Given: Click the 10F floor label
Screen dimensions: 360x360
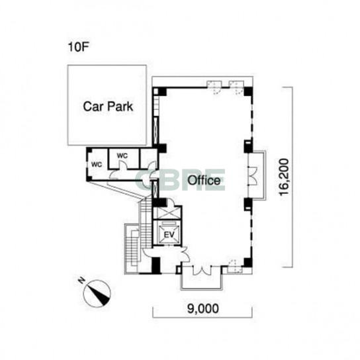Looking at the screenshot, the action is [x=78, y=47].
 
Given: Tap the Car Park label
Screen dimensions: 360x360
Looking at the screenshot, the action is [x=108, y=107].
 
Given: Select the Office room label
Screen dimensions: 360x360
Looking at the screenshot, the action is [x=204, y=181].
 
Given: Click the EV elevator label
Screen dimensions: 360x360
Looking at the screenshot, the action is [x=169, y=235].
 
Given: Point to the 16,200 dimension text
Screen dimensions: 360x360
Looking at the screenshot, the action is [x=284, y=177].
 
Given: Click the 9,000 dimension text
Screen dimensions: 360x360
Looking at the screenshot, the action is [x=203, y=308].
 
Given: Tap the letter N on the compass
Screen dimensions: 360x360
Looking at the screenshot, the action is [x=81, y=280].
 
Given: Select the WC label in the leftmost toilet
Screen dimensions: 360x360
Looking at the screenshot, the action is [x=97, y=164].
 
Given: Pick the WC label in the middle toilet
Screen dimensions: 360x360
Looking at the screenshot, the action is [x=122, y=156].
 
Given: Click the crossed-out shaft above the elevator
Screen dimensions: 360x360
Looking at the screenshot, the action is [x=167, y=213].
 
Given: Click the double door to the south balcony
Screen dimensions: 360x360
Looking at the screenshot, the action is [x=202, y=271].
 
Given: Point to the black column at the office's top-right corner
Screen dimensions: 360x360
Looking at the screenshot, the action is [x=248, y=91].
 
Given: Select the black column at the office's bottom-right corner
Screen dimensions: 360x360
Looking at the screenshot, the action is [x=247, y=263].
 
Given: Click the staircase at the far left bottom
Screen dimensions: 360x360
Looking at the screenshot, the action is [x=132, y=248].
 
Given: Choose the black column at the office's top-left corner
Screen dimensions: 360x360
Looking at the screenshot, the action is [x=159, y=91].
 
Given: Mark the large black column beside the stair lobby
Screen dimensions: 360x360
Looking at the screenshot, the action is [x=156, y=265].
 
